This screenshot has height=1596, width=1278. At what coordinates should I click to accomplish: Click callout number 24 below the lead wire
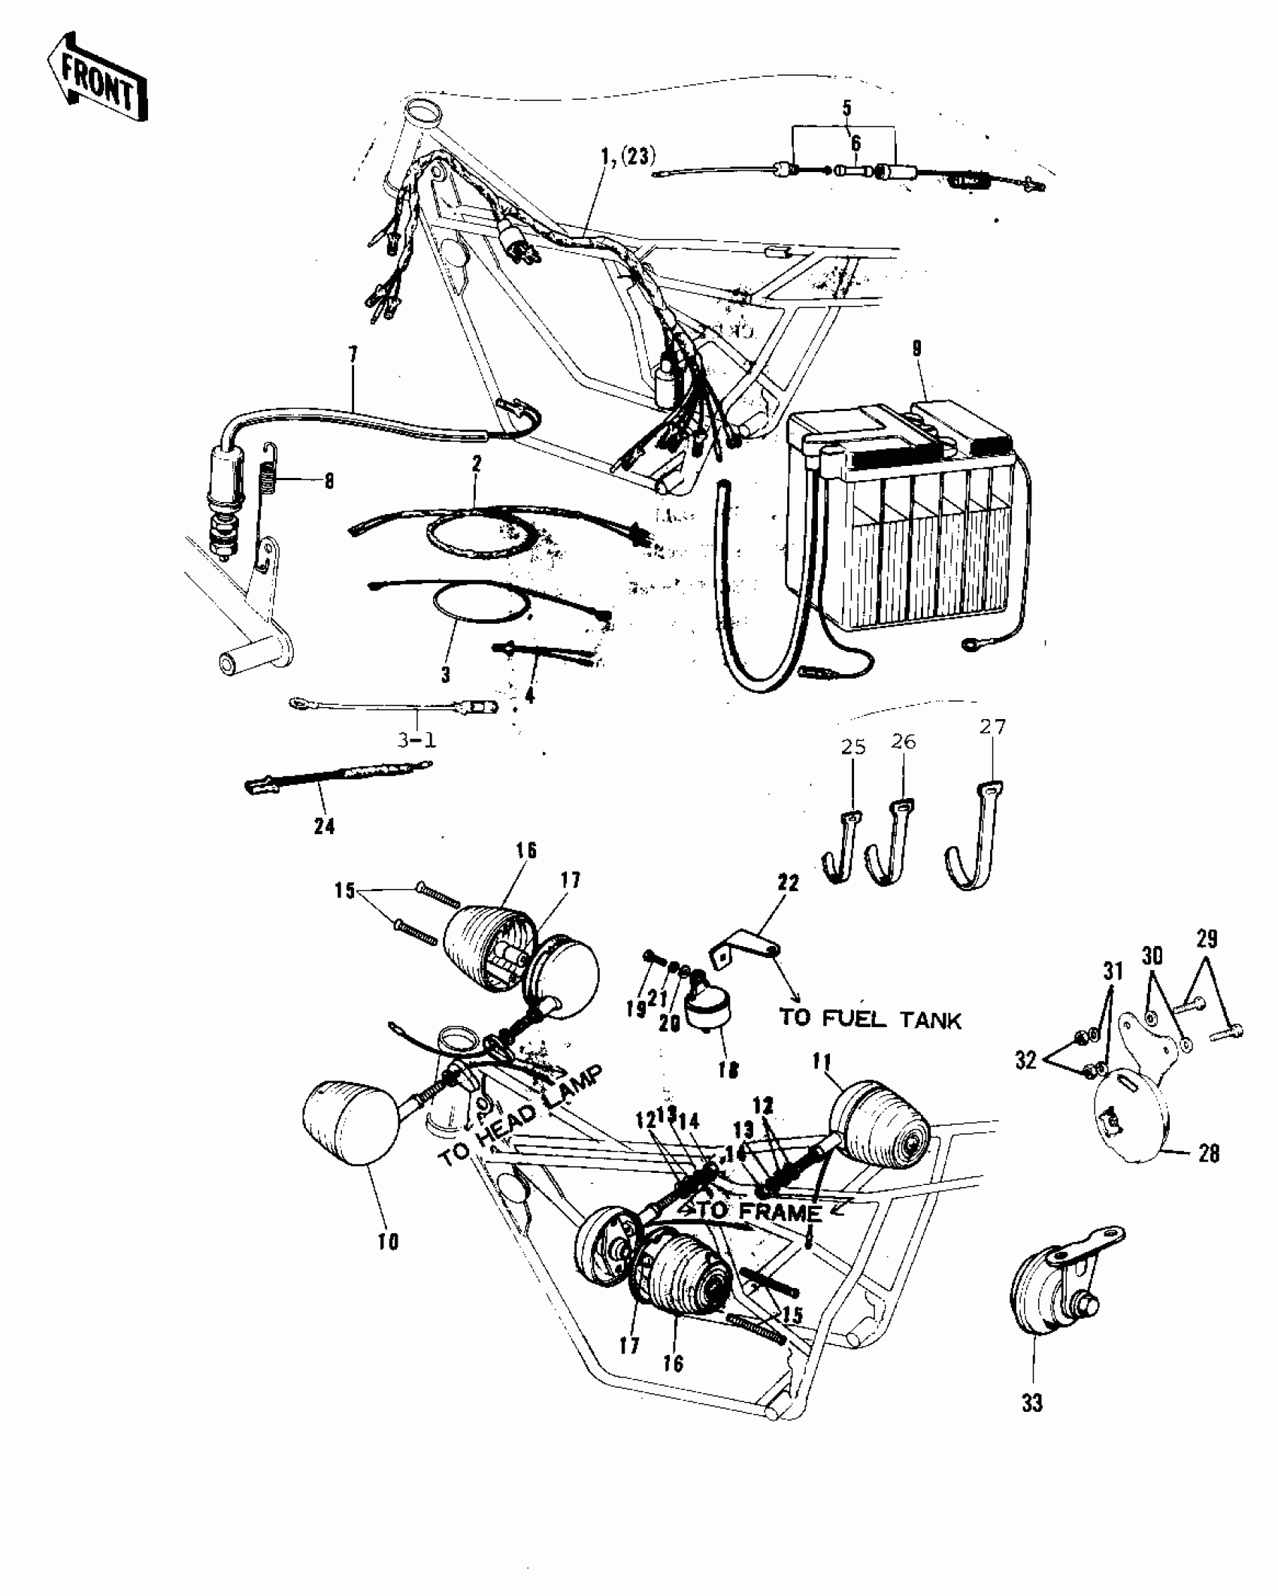point(324,827)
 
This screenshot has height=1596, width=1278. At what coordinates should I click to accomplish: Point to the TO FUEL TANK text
point(870,1020)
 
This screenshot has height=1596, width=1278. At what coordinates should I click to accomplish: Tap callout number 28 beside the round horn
point(1209,1153)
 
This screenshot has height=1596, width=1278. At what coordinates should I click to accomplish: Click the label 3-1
point(416,740)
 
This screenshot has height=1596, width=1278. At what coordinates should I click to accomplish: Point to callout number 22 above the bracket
point(788,884)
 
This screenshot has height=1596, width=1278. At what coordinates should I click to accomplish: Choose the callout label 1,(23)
point(628,157)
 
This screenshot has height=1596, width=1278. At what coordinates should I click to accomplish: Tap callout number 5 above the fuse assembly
point(846,107)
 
